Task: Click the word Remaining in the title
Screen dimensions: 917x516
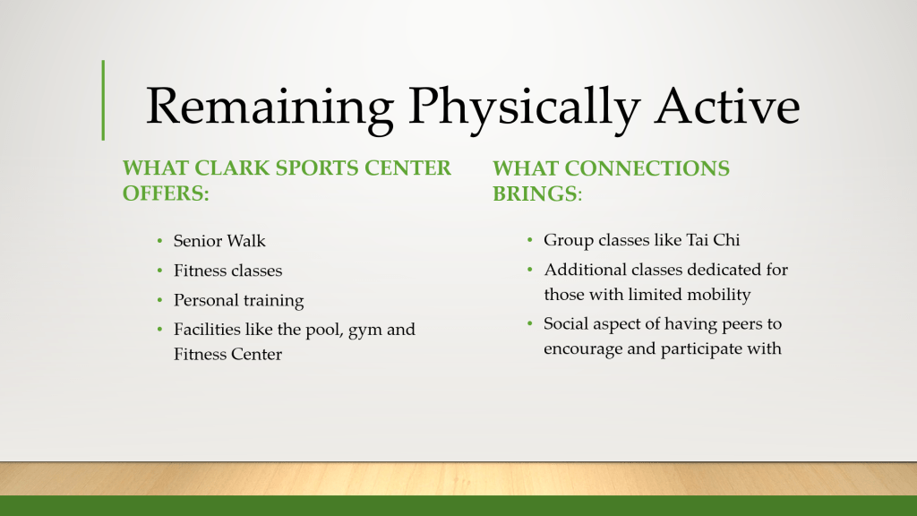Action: coord(270,107)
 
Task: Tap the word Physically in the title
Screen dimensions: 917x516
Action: coord(524,107)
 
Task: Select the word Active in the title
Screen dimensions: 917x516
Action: coord(727,106)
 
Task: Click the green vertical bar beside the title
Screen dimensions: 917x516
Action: coord(103,100)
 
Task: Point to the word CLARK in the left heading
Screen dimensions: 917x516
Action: coord(232,168)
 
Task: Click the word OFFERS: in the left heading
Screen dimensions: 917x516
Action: coord(166,193)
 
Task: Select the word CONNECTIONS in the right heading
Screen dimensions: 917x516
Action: coord(647,168)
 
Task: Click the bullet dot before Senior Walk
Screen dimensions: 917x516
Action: coord(159,241)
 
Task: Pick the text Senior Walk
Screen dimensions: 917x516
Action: coord(219,240)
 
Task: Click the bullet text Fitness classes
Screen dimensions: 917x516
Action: coord(227,271)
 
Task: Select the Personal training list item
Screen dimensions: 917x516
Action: coord(238,301)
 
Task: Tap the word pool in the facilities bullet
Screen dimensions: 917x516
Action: coord(324,330)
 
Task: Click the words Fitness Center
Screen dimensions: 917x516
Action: coord(227,354)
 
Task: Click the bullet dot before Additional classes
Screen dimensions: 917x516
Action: coord(530,270)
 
